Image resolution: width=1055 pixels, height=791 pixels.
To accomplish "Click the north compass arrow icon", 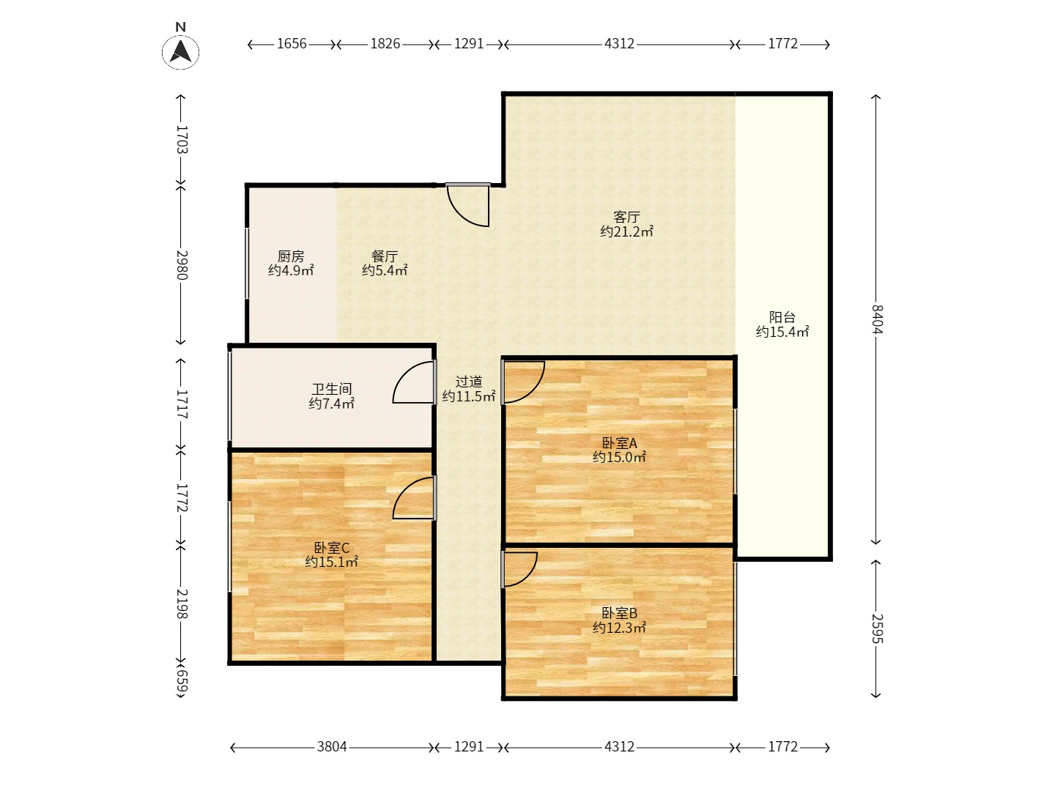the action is click(180, 52).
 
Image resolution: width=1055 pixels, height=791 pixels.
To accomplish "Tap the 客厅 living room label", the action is click(626, 217).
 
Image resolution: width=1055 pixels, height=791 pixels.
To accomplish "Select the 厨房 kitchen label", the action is click(291, 256).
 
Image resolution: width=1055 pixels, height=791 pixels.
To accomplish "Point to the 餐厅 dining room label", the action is click(385, 256).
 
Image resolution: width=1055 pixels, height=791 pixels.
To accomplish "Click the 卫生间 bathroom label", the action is click(332, 389).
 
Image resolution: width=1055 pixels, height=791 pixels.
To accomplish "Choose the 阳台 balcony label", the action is click(782, 317).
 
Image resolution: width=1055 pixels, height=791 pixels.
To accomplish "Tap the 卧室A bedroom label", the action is click(619, 443).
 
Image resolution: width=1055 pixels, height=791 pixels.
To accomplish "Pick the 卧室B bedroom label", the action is click(619, 613).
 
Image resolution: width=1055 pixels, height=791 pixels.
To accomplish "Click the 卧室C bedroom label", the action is click(332, 548).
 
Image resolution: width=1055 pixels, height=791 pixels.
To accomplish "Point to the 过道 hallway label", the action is click(469, 382).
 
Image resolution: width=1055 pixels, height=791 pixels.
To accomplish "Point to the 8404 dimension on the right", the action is click(876, 319).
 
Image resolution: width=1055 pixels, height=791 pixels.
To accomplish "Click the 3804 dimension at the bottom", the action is click(332, 746).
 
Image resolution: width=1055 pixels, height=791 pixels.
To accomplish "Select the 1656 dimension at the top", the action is click(292, 44).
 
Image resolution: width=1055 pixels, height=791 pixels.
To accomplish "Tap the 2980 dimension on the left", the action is click(182, 264).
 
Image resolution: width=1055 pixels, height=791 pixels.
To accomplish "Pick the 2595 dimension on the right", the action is click(876, 628).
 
